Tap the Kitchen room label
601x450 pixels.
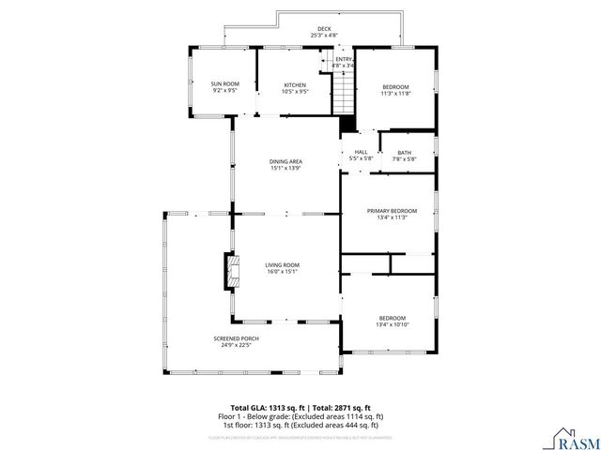tap(295, 85)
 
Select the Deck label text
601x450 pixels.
tap(324, 29)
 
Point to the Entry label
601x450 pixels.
tap(343, 60)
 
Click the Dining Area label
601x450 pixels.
tap(285, 162)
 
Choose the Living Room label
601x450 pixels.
tap(283, 265)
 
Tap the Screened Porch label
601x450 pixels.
tap(236, 338)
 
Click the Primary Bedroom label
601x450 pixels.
tap(392, 211)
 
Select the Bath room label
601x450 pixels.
tap(404, 153)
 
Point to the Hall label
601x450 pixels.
tap(361, 152)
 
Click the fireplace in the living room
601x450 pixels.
tap(227, 271)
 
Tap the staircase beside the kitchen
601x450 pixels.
tap(345, 93)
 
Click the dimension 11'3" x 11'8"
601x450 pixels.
tap(395, 94)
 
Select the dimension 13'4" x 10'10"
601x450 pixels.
tap(392, 323)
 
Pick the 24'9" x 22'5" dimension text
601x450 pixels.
tap(236, 345)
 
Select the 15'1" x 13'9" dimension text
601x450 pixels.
tap(285, 169)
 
